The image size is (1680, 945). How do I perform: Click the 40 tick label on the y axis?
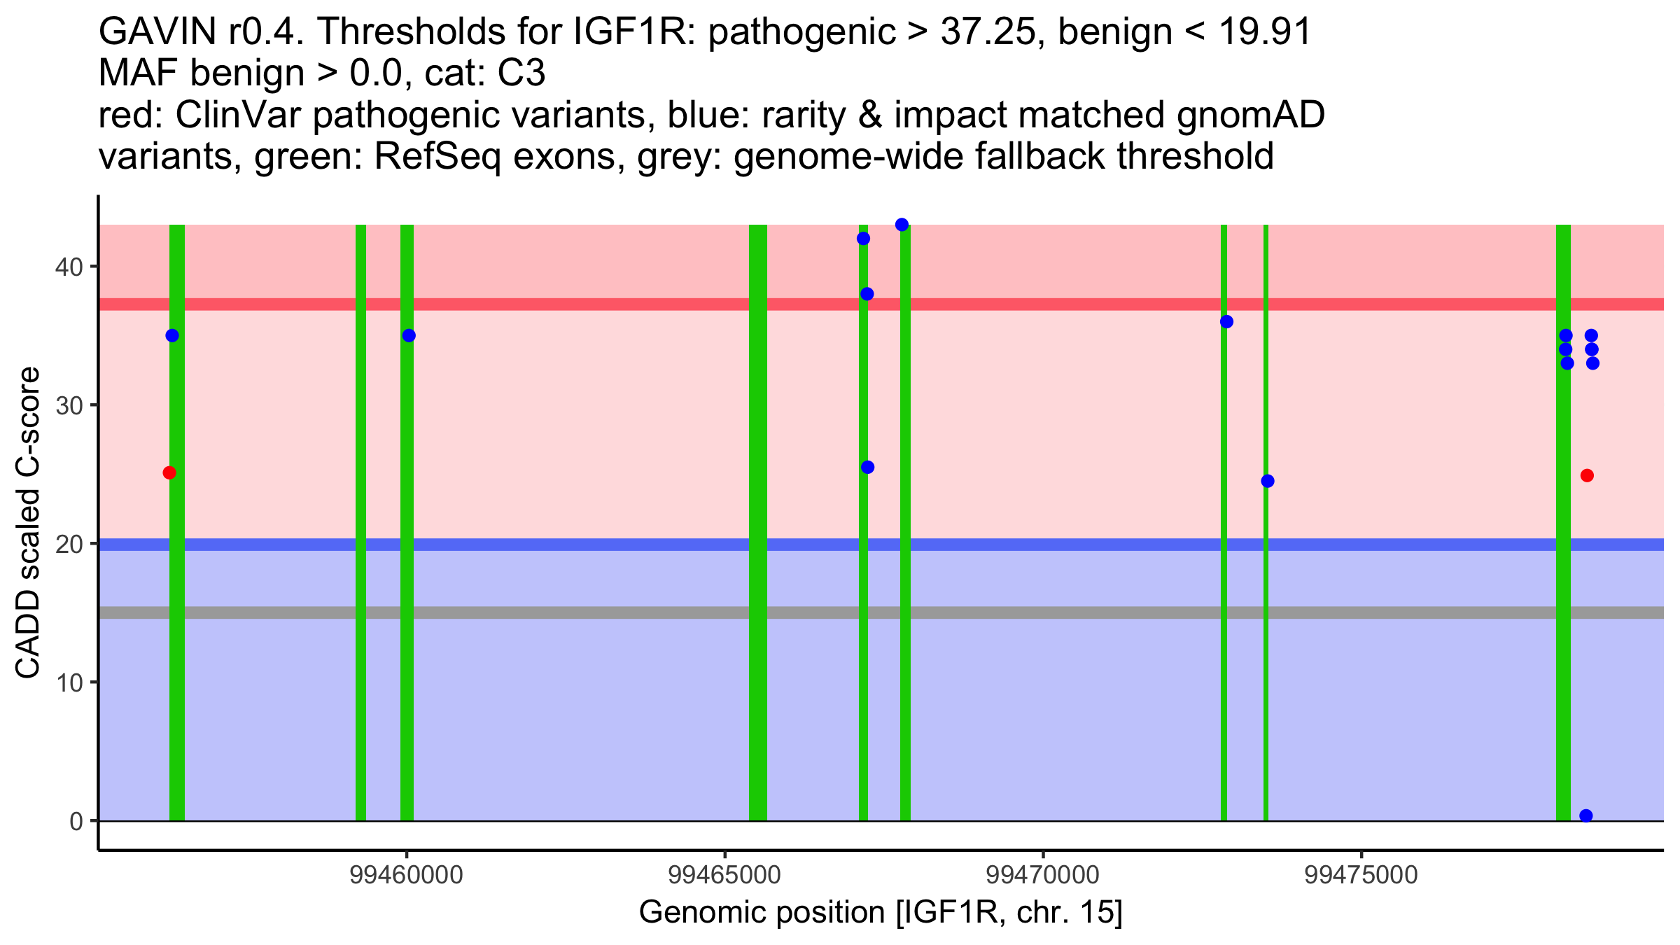pyautogui.click(x=68, y=267)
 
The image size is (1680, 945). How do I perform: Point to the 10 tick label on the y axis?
pyautogui.click(x=68, y=682)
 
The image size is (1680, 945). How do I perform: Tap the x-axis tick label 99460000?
pyautogui.click(x=406, y=876)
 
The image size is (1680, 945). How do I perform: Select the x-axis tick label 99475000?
pyautogui.click(x=1361, y=876)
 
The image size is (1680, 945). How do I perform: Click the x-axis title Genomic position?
pyautogui.click(x=880, y=913)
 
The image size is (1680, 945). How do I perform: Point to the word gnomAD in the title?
pyautogui.click(x=1250, y=115)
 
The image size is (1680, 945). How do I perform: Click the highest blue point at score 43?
pyautogui.click(x=902, y=225)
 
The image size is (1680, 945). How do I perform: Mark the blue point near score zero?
pyautogui.click(x=1586, y=815)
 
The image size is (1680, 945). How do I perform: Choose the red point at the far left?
pyautogui.click(x=169, y=472)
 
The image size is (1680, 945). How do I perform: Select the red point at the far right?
pyautogui.click(x=1587, y=476)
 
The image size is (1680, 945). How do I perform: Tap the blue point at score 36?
pyautogui.click(x=1226, y=322)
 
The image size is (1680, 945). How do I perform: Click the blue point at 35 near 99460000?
pyautogui.click(x=409, y=336)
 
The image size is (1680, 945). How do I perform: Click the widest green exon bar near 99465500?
pyautogui.click(x=758, y=525)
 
